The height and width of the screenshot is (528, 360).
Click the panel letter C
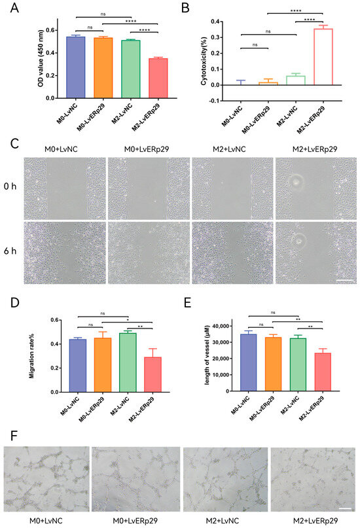(7, 144)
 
